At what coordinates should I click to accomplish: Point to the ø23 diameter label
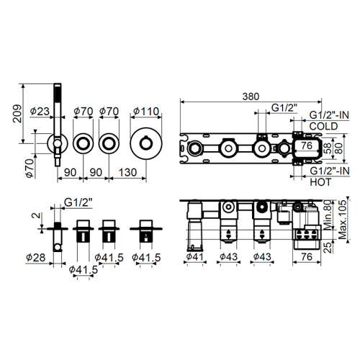click(x=38, y=111)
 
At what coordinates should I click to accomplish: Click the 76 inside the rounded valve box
click(x=306, y=146)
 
